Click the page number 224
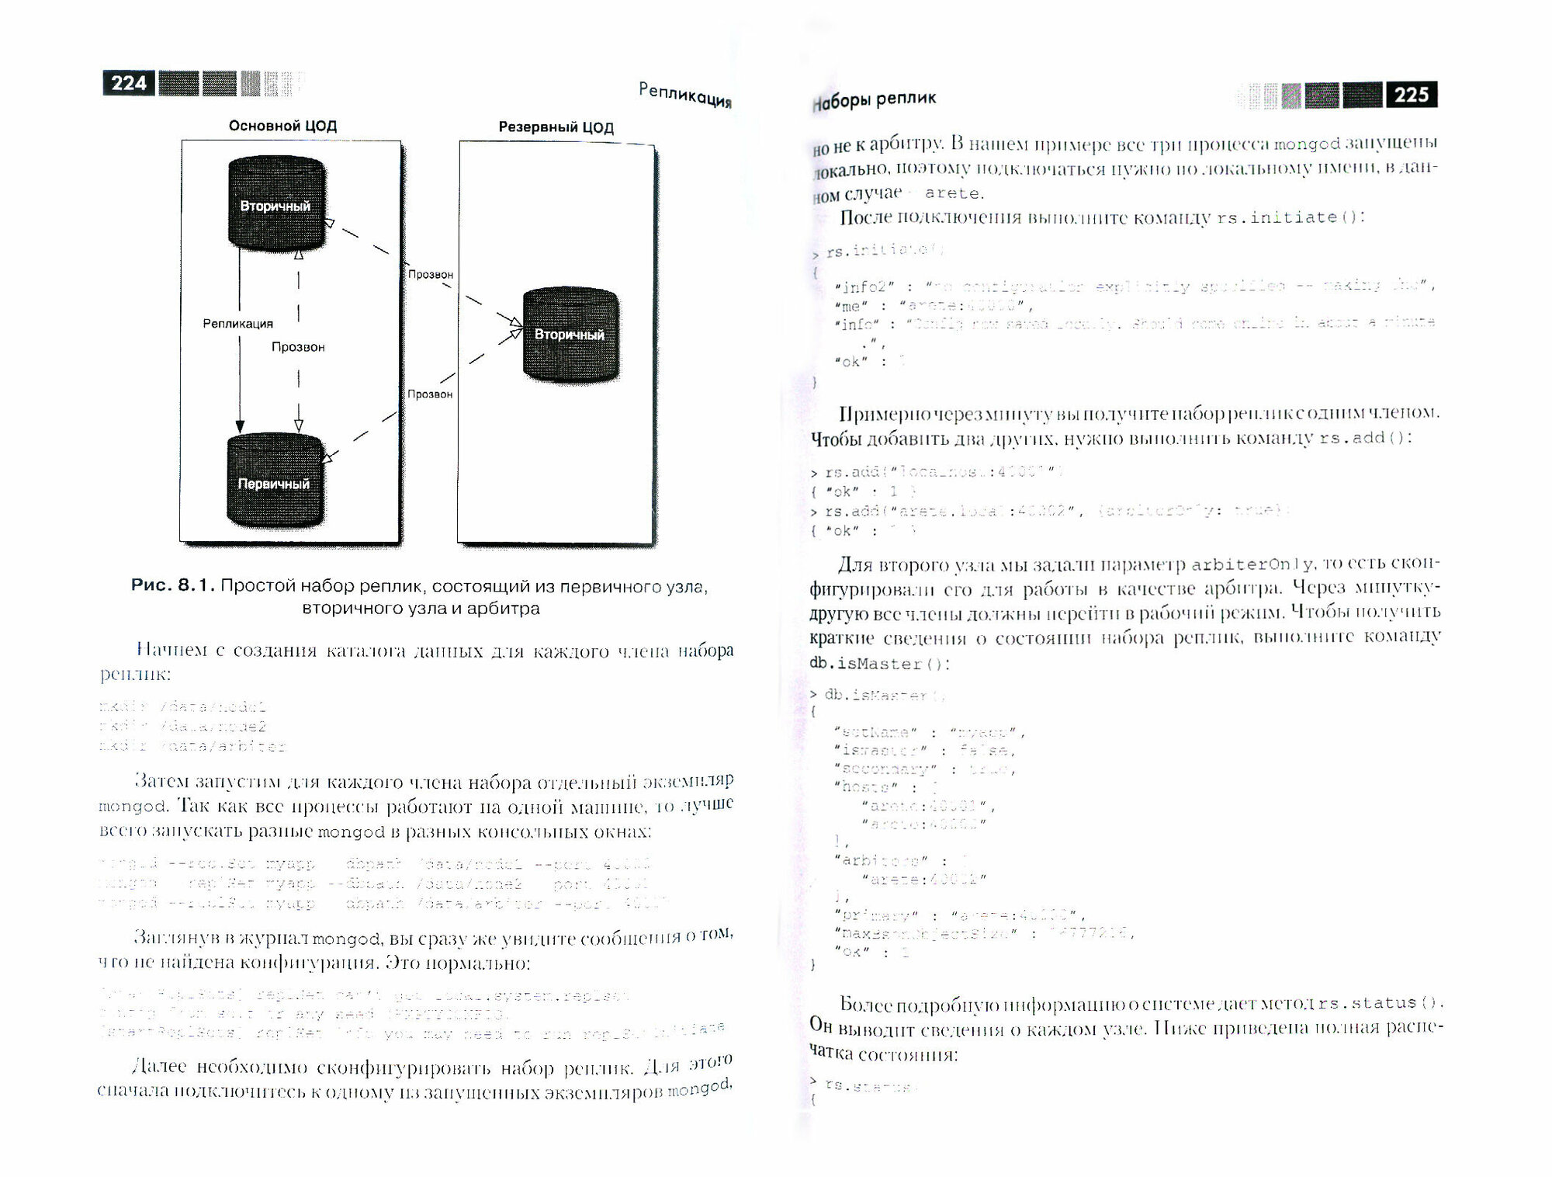pos(128,83)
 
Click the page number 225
pos(1411,95)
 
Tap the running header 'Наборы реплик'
pos(875,100)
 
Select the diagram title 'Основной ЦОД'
pos(282,126)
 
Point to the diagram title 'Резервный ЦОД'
pos(556,127)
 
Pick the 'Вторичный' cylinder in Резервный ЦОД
pos(570,334)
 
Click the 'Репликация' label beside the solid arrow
pos(237,323)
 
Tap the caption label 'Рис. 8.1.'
pos(172,585)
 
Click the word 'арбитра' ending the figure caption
pos(510,608)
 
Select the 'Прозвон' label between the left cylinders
pos(298,346)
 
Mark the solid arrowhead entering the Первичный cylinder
pos(240,426)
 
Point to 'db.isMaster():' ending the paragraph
pos(879,664)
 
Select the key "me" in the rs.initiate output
pos(850,307)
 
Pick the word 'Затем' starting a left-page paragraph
pos(163,781)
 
